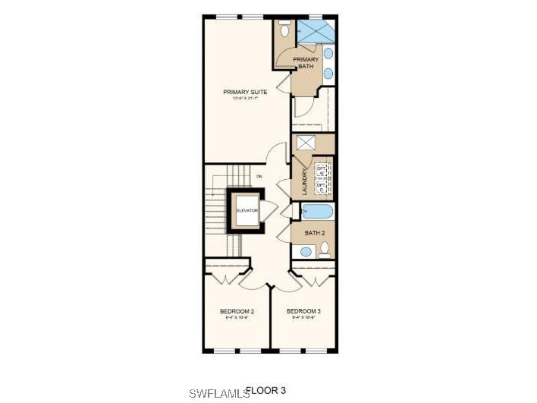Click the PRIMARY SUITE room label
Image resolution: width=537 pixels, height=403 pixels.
[x=239, y=93]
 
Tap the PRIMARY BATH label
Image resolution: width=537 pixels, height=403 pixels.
[x=306, y=62]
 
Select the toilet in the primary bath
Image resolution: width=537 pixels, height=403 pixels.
[x=284, y=28]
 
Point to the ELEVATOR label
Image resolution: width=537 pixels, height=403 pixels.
[x=247, y=210]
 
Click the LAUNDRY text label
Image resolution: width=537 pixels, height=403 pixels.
[x=305, y=183]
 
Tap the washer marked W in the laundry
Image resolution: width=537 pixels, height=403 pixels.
[x=321, y=171]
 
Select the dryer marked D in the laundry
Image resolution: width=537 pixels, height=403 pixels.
[x=321, y=187]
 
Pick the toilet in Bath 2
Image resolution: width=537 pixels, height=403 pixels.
[x=325, y=248]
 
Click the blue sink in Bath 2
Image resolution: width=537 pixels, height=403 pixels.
[x=306, y=251]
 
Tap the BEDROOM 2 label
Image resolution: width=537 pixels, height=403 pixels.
[x=237, y=311]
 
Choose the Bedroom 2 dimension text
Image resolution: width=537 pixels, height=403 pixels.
[x=237, y=318]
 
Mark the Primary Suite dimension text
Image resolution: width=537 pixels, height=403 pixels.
[x=239, y=99]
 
